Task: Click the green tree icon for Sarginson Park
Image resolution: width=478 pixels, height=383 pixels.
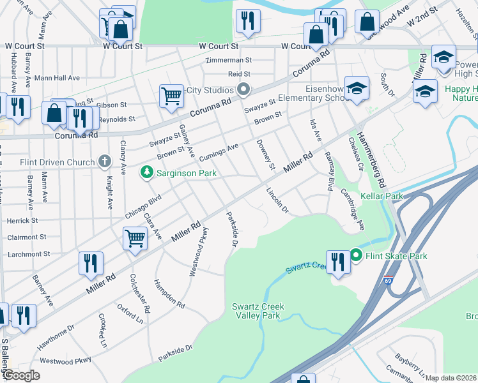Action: (x=147, y=173)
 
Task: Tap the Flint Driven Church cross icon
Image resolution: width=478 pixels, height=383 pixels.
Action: (x=105, y=162)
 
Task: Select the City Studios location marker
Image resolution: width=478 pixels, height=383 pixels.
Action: (x=243, y=90)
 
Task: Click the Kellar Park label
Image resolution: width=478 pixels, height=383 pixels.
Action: (x=382, y=196)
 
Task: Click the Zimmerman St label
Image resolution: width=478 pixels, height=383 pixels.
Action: (x=229, y=61)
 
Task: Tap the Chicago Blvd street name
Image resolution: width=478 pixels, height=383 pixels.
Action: (x=141, y=207)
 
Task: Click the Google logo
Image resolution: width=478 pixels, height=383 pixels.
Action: (x=21, y=375)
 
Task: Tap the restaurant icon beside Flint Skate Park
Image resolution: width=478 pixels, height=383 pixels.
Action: (x=337, y=262)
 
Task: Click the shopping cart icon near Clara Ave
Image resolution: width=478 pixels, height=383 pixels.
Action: (x=135, y=239)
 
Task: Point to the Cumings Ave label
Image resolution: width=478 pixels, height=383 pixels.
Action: (x=218, y=152)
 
